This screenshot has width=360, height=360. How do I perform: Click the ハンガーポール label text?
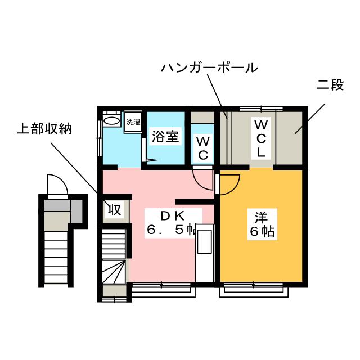pos(209,69)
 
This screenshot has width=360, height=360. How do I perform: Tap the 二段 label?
pos(330,87)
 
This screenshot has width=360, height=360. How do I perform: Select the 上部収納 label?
pos(44,129)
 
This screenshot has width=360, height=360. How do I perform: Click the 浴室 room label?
pos(166,137)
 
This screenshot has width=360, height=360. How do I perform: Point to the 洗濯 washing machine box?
pos(132,122)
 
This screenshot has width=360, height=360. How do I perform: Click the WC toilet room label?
pos(203,147)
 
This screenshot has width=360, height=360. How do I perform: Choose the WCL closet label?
pos(262,138)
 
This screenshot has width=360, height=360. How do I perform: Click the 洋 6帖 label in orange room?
pos(260,223)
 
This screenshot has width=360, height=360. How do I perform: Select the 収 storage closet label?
pos(115,210)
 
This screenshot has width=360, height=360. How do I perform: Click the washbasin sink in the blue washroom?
pos(111,121)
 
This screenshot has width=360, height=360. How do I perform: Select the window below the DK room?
pos(164,289)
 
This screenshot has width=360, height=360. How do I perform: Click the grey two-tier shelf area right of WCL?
pos(290,138)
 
